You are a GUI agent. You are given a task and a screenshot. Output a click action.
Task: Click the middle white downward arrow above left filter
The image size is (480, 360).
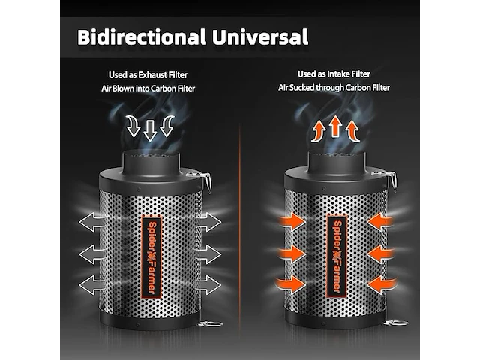(x=150, y=130)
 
